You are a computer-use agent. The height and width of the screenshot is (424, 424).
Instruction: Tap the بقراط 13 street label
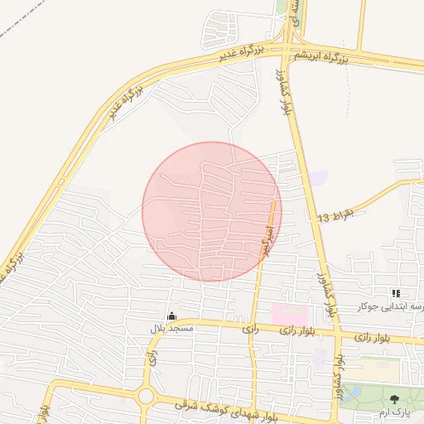coord(335,216)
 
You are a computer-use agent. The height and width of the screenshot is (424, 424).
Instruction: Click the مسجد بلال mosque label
coord(171,329)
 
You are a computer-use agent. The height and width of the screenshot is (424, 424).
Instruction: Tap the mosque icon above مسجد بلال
coord(171,316)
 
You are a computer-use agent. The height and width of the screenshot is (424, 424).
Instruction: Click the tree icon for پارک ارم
coord(394,399)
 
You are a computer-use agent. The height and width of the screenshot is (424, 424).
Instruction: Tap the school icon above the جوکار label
coord(395,293)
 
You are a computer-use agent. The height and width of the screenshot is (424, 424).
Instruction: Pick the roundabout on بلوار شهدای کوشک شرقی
coord(147,396)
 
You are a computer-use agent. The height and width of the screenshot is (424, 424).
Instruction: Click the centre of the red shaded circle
coord(212,211)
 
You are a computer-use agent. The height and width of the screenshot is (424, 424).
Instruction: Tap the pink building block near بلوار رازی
coord(289,315)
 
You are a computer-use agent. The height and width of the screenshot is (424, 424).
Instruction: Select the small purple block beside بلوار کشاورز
coord(318,177)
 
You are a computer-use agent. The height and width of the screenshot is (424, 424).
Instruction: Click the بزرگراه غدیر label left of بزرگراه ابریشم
coord(242,53)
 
